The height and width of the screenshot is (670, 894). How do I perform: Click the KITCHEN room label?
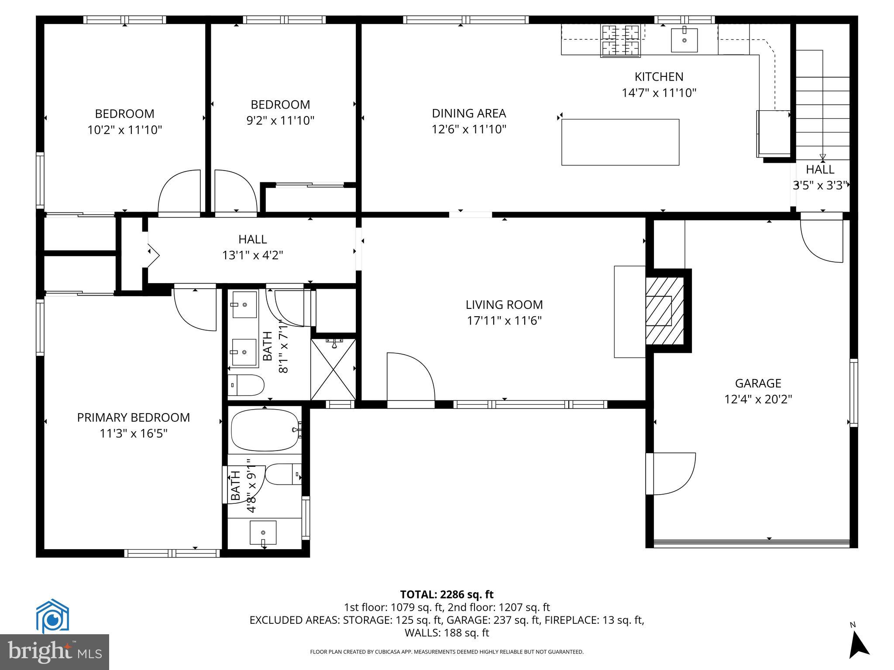[659, 77]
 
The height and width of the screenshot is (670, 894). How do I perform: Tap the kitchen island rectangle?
[620, 142]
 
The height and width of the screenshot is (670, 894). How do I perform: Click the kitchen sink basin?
[684, 40]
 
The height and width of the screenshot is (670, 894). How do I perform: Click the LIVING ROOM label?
[504, 304]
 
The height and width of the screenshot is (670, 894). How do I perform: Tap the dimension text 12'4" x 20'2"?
[758, 399]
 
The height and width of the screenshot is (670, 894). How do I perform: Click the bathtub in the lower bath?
[265, 430]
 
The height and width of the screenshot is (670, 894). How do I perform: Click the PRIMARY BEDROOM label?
[133, 417]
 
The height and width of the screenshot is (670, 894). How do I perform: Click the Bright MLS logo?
[55, 652]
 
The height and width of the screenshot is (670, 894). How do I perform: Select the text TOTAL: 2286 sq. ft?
[447, 595]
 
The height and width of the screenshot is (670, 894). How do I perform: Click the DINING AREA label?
[469, 113]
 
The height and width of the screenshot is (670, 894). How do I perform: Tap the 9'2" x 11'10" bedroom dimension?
[280, 120]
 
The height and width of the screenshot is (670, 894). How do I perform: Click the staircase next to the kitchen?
[822, 109]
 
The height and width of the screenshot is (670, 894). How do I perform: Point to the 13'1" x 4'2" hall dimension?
[252, 255]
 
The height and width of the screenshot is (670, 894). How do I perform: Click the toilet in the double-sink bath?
[246, 385]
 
